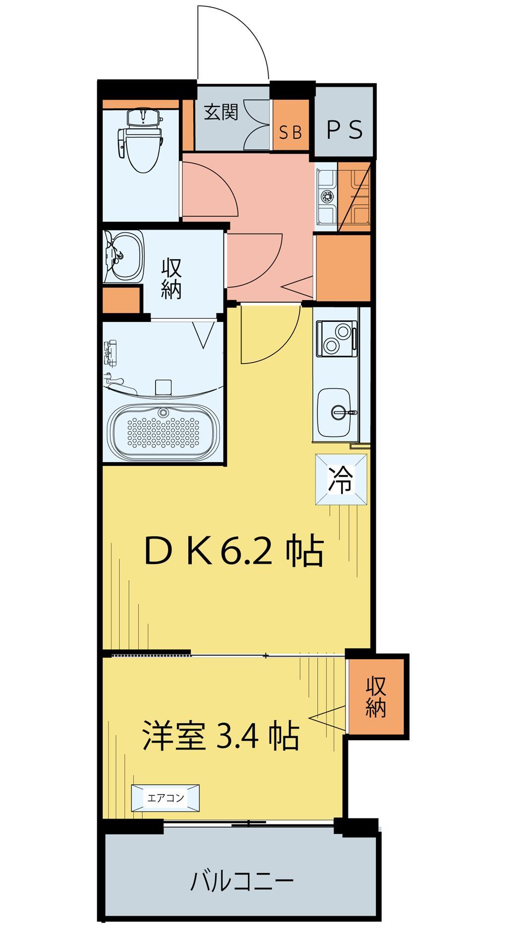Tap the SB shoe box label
[290, 132]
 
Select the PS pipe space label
[345, 130]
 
